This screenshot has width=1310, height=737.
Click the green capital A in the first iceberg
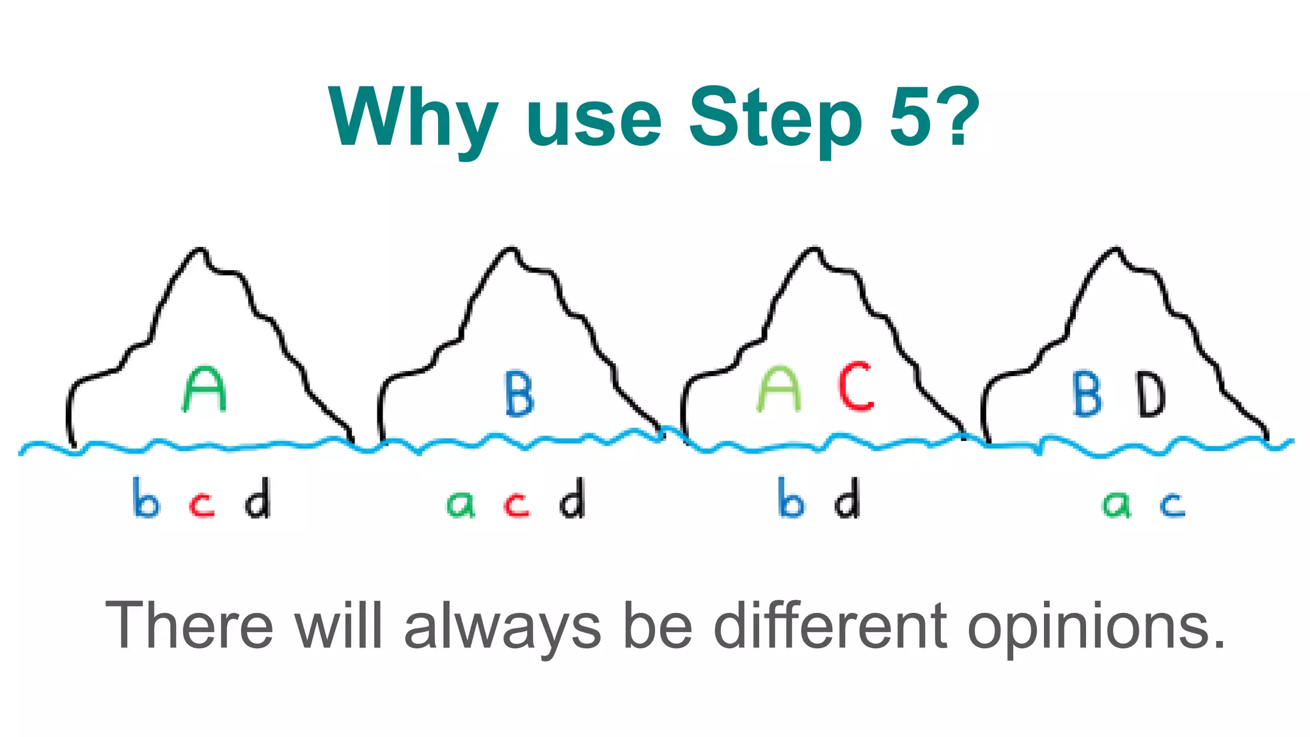(205, 390)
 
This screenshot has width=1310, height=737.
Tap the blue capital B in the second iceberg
(519, 394)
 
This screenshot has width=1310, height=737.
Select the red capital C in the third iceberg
(856, 386)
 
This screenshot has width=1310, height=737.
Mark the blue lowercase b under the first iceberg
(146, 498)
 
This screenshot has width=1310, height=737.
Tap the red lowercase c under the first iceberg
(202, 505)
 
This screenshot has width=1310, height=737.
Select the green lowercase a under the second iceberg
(461, 505)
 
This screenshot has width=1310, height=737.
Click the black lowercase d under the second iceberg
(572, 498)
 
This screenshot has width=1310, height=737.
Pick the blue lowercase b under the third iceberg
(791, 498)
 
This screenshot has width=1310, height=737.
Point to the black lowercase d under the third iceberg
(848, 498)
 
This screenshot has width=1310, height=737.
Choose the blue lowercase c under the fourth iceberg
(1173, 505)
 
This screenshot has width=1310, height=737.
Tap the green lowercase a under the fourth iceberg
(1117, 505)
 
